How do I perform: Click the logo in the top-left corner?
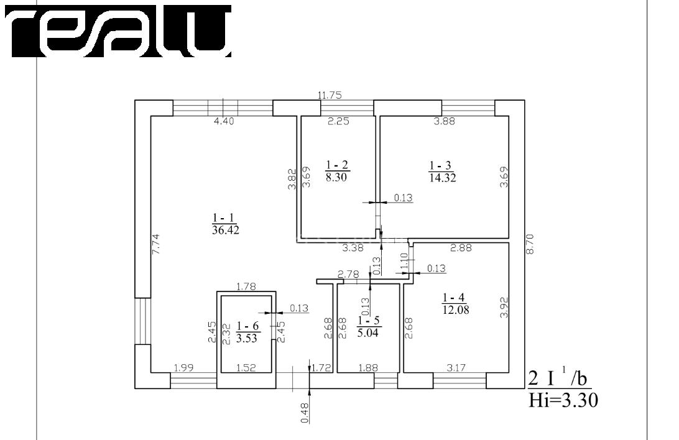point(118,31)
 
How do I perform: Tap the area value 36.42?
point(226,230)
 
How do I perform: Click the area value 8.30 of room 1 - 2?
point(336,177)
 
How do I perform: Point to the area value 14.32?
point(443,177)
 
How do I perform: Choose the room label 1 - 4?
point(453,298)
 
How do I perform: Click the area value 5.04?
point(368,332)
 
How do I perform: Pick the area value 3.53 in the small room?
point(247,338)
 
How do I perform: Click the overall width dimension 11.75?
point(330,95)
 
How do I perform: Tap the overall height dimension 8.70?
point(530,244)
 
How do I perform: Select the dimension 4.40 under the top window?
point(224,122)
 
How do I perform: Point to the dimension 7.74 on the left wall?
point(156,244)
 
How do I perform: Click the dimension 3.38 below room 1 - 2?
point(353,248)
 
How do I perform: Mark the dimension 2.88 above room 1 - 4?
point(461,248)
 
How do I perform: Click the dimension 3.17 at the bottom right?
point(456,368)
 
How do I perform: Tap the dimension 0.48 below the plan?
point(305,413)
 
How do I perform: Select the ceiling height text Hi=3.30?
point(563,400)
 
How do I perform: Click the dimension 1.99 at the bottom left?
point(183,368)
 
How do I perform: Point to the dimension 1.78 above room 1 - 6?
point(247,286)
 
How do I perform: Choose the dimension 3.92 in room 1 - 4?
point(504,308)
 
